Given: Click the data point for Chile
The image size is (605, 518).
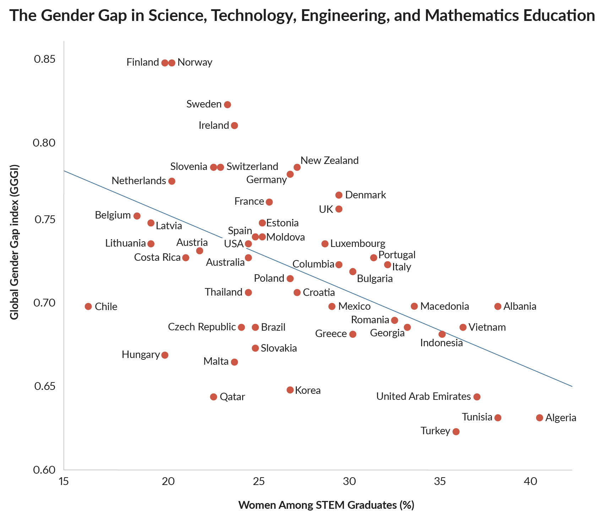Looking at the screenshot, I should [x=88, y=307].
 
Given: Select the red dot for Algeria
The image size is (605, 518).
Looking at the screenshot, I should [x=540, y=418].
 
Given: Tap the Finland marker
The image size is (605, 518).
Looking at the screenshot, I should [x=165, y=63].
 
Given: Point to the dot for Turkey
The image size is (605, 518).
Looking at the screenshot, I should [x=456, y=432].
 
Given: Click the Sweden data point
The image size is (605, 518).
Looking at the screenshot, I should [x=228, y=105].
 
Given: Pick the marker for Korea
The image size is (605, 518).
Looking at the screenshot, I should [x=290, y=390].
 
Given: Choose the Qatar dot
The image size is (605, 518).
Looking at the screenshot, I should [x=213, y=397].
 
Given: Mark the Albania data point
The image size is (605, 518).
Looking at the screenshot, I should [x=498, y=307].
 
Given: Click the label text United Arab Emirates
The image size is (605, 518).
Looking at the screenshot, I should [x=423, y=396].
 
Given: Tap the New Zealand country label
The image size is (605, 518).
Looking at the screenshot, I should [x=330, y=160].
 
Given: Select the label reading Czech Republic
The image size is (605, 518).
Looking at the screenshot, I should [x=202, y=327].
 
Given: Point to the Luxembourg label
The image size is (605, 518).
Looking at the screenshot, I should [x=358, y=244].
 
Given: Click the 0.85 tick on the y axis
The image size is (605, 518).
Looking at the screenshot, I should [x=45, y=59].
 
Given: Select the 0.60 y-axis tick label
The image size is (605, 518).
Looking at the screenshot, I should [x=45, y=470].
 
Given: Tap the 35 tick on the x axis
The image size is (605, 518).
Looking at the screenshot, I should [x=440, y=481].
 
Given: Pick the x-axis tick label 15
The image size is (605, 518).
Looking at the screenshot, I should [x=64, y=481].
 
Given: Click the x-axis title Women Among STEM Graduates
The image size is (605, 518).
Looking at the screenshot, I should [x=326, y=505].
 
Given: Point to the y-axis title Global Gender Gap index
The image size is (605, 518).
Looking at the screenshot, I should [x=14, y=242].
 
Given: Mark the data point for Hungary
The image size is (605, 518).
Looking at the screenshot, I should [x=165, y=355].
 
